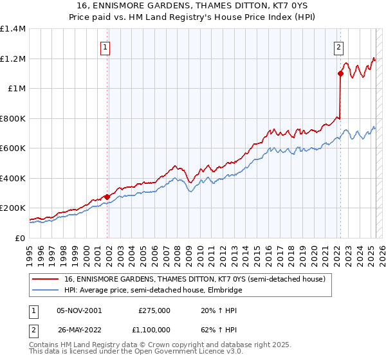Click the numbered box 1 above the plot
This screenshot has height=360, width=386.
coord(104,46)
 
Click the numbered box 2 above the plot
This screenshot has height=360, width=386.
coord(338,46)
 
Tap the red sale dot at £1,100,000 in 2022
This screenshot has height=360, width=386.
coord(340,74)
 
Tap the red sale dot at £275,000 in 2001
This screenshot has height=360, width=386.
coord(107,197)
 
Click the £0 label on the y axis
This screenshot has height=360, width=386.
coord(19,238)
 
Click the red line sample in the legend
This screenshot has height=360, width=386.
coord(45,279)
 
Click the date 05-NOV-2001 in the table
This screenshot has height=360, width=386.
coord(80,310)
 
